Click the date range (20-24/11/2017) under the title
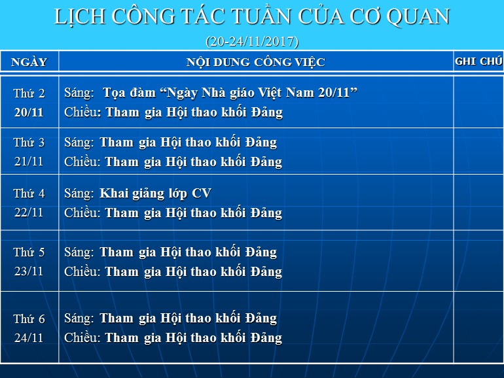tap(252, 42)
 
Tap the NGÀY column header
tap(29, 61)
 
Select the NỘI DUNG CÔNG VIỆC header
tap(256, 62)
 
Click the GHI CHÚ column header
tap(478, 61)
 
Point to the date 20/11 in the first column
tap(29, 112)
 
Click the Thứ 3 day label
tap(29, 143)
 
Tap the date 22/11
tap(29, 213)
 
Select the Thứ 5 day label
tap(29, 252)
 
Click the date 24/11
tap(29, 337)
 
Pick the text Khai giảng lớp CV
tap(155, 194)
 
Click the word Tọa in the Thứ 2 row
tap(113, 93)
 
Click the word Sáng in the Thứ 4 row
tap(79, 194)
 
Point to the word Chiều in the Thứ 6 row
tap(82, 337)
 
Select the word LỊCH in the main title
tap(80, 17)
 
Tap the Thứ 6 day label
tap(29, 319)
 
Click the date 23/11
tap(29, 271)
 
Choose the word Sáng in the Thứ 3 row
tap(79, 143)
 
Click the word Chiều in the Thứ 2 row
tap(82, 112)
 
